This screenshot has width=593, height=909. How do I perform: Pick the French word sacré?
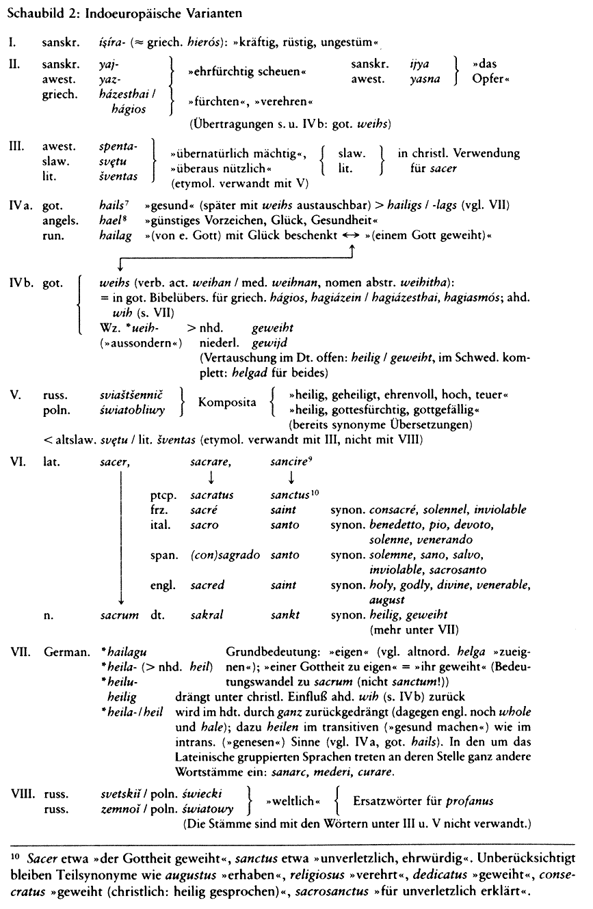click(205, 509)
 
